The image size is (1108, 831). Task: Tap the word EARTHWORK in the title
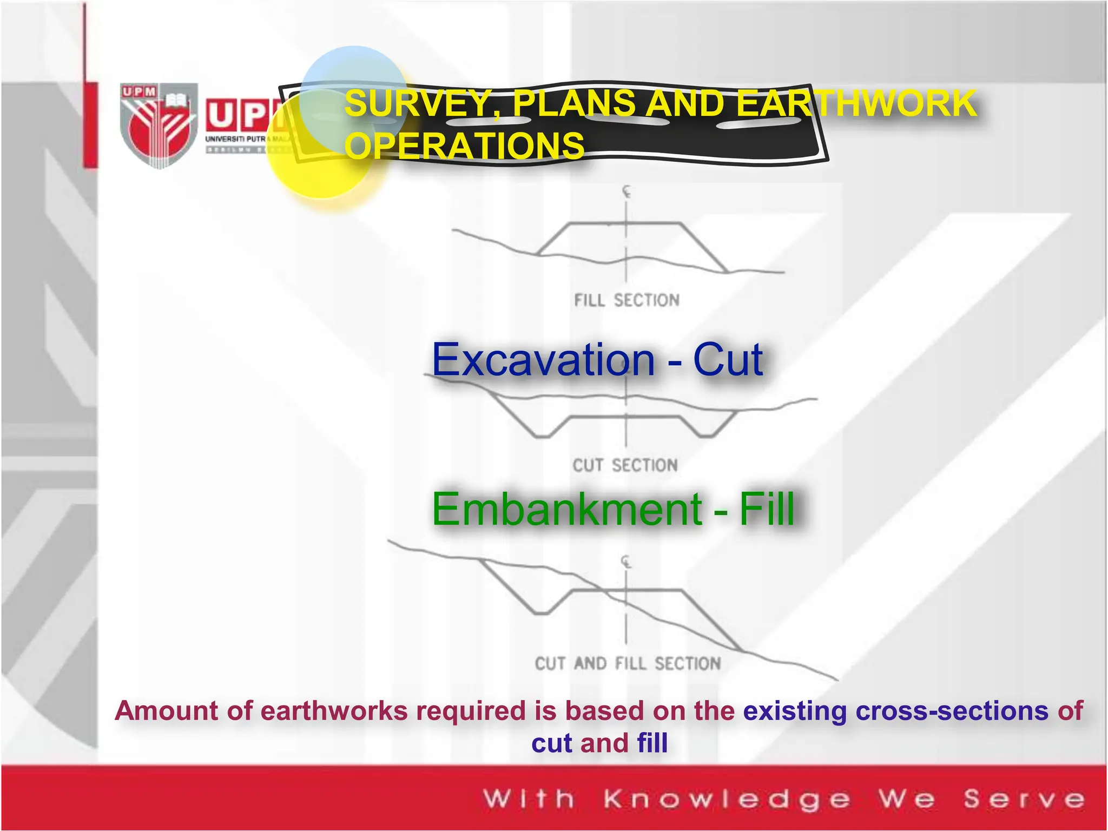pos(857,103)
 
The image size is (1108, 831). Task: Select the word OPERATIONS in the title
pos(465,146)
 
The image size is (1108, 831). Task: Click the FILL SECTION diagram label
pos(626,300)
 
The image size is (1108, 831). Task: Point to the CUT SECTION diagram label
pos(625,465)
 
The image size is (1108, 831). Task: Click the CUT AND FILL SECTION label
pos(628,663)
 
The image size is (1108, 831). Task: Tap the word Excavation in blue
pos(543,360)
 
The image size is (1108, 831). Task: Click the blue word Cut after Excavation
pos(728,360)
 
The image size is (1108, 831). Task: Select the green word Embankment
pos(566,509)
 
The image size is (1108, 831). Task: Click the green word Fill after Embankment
pos(767,509)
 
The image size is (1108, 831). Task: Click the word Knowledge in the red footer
pos(727,800)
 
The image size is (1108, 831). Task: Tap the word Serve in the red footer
pos(1024,800)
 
